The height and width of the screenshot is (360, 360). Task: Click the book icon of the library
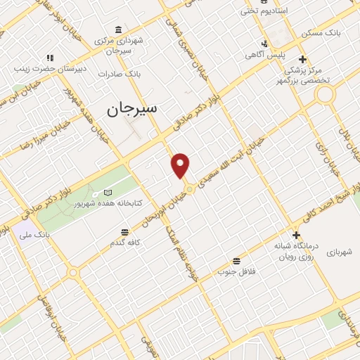(x=108, y=192)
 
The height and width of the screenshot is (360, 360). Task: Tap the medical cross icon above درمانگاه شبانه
(x=296, y=236)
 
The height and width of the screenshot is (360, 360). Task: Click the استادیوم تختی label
(x=266, y=11)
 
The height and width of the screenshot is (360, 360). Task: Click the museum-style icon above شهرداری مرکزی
(x=117, y=30)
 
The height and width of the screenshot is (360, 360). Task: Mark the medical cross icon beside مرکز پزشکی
(x=302, y=59)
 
